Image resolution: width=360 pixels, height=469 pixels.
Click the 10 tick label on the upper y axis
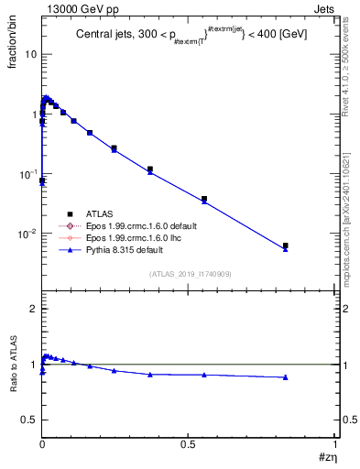point(30,54)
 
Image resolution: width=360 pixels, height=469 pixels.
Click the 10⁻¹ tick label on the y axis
point(28,173)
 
